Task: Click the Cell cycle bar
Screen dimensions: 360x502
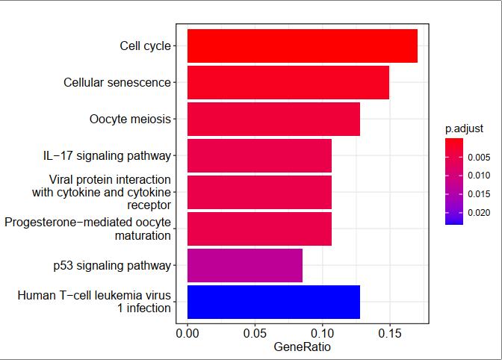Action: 302,46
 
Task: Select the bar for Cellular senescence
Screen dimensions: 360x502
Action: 288,82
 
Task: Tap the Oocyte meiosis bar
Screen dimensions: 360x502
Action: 273,119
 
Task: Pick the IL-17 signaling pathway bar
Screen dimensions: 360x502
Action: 259,155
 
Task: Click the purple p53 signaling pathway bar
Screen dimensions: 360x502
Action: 244,265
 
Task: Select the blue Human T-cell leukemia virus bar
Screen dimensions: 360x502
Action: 273,302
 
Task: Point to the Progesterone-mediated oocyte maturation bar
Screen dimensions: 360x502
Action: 259,229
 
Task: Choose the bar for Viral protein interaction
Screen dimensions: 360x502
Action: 259,192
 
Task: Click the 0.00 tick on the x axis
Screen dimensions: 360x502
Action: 188,332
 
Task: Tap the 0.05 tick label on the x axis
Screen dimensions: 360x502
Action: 255,332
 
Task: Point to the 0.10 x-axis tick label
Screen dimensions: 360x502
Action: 322,332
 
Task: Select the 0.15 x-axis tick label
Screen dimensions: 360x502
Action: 389,332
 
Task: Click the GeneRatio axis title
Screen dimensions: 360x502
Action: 302,347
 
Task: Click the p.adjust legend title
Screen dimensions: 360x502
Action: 463,128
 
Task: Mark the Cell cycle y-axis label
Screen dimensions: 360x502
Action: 145,46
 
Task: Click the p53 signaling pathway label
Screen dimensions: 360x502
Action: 112,265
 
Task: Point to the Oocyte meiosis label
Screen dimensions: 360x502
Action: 130,119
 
